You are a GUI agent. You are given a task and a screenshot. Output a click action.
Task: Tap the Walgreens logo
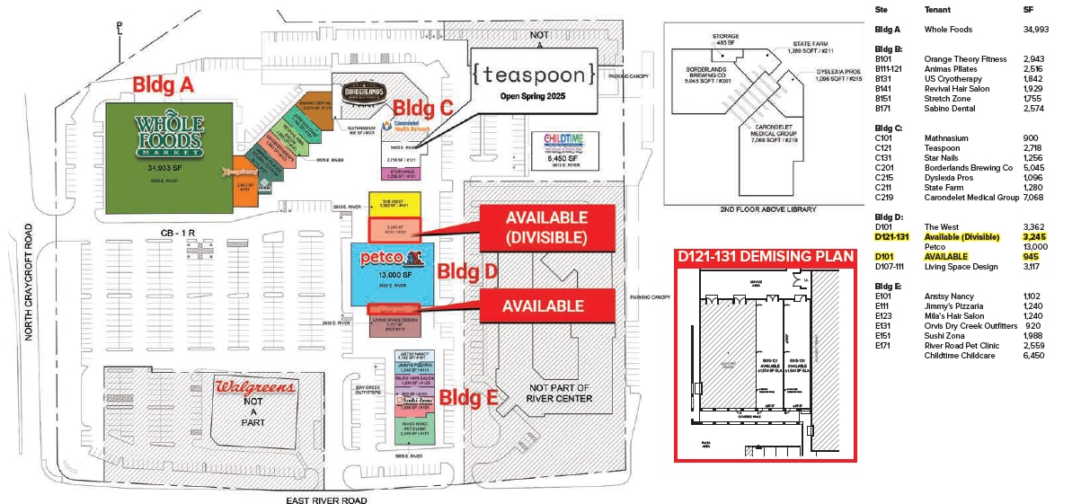coord(254,387)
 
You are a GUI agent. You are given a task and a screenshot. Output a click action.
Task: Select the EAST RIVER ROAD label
coord(326,500)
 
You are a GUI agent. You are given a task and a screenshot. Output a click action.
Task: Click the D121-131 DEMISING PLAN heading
coord(765,257)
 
